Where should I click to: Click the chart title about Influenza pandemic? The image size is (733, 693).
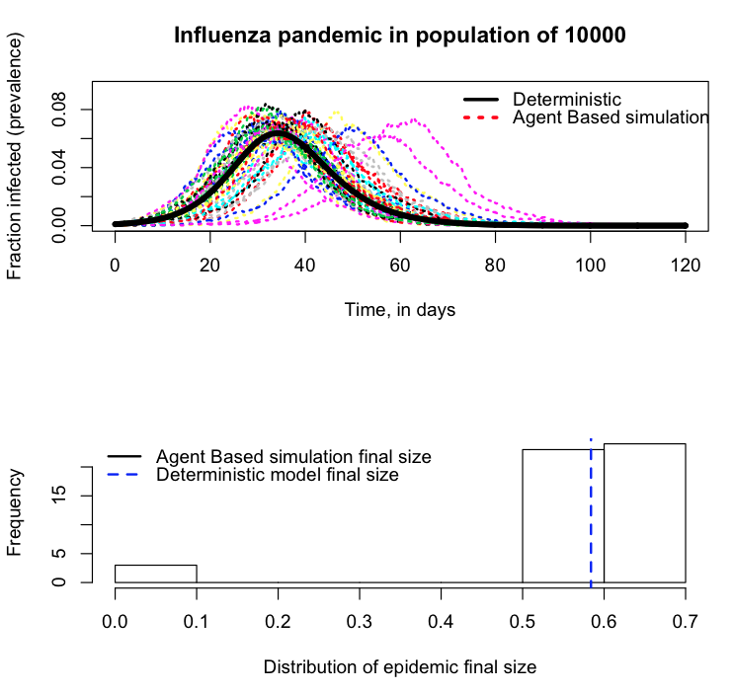pyautogui.click(x=399, y=36)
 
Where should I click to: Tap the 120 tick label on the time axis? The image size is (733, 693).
pyautogui.click(x=686, y=266)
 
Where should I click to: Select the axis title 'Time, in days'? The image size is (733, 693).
pyautogui.click(x=399, y=310)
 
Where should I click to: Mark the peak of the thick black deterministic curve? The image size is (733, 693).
pyautogui.click(x=280, y=132)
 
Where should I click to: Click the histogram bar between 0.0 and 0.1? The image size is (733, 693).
pyautogui.click(x=156, y=574)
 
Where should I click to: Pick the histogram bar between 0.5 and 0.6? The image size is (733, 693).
pyautogui.click(x=562, y=515)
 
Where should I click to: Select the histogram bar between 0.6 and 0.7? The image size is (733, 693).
pyautogui.click(x=644, y=513)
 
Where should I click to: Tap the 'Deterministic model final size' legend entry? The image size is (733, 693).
pyautogui.click(x=277, y=475)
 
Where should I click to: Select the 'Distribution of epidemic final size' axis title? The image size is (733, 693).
pyautogui.click(x=399, y=666)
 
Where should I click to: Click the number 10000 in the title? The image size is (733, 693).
pyautogui.click(x=588, y=36)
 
